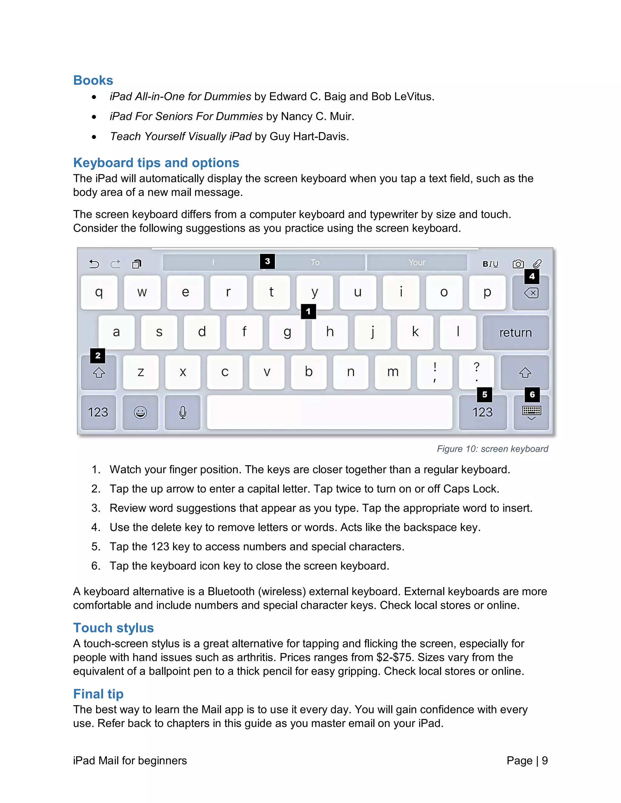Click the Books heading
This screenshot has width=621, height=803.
(93, 80)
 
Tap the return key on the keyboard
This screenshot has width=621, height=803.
(515, 332)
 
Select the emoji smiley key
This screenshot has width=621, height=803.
(140, 412)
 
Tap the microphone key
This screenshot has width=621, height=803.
(183, 412)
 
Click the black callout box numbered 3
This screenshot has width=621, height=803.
(267, 262)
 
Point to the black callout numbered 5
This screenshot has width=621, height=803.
(485, 395)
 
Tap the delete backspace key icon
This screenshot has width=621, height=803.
(531, 293)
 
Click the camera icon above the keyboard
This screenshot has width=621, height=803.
(518, 264)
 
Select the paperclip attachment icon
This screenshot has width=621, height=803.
(537, 264)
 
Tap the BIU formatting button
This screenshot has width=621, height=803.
(490, 264)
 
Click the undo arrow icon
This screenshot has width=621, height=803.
(94, 264)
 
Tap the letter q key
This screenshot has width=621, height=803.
(99, 292)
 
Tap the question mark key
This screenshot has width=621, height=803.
(476, 372)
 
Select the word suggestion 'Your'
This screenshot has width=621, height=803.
(417, 262)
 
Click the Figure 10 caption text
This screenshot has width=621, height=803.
(492, 449)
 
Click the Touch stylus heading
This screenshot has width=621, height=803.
(113, 628)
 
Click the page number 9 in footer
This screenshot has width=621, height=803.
(545, 760)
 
